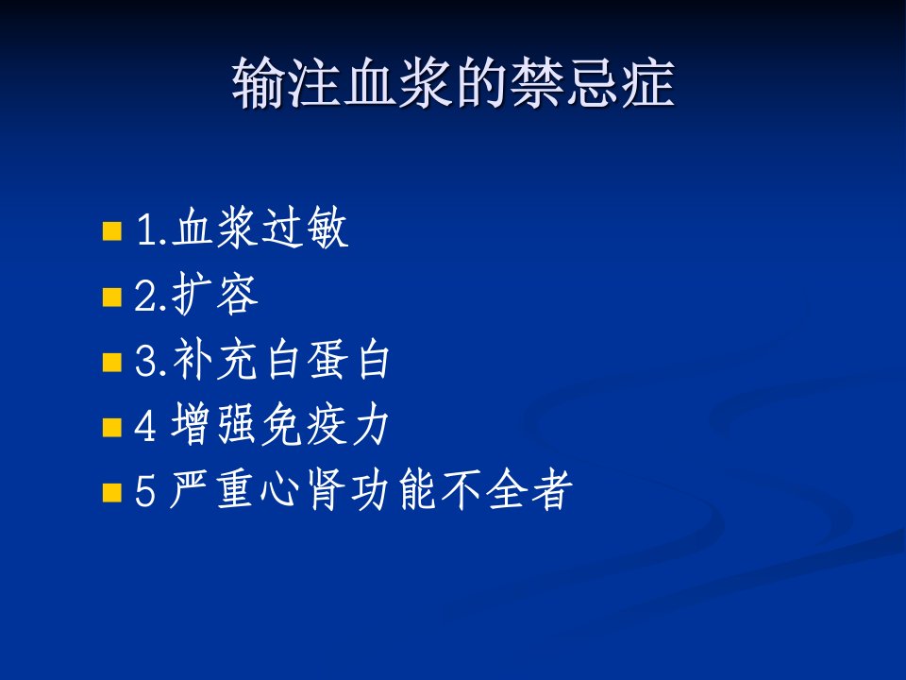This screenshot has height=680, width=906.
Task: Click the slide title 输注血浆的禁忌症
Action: (453, 83)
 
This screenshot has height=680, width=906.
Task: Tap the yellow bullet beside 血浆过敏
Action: (112, 230)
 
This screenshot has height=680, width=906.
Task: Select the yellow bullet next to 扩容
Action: (112, 297)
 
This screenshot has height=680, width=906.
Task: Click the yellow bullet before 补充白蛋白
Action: (112, 363)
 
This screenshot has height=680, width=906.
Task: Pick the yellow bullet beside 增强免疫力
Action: (112, 428)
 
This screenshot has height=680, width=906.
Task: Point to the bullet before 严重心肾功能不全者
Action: (112, 493)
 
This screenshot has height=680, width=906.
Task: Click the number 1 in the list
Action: (145, 229)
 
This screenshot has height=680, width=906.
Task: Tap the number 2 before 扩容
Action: (145, 296)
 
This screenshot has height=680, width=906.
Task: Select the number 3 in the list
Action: (145, 361)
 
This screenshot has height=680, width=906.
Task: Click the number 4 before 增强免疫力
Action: (145, 426)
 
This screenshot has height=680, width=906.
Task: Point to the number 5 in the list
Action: (145, 491)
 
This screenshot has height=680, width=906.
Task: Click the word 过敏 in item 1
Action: (305, 228)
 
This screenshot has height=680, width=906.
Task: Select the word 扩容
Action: (215, 294)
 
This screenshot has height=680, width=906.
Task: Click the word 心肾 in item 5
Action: (303, 490)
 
